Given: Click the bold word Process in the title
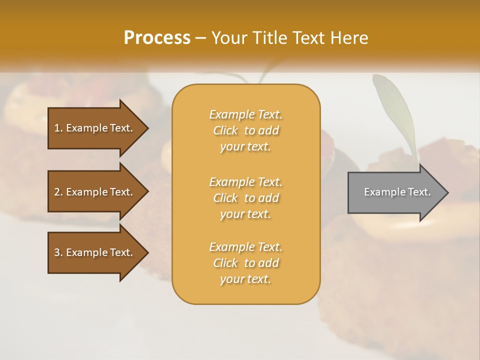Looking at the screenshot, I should click(157, 38).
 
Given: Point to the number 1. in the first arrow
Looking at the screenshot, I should click(58, 128).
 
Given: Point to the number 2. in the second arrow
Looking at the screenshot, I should click(58, 192).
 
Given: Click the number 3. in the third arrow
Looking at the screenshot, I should click(58, 252).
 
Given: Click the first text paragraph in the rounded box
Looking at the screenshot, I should click(245, 130).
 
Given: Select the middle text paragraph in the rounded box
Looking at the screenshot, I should click(245, 198).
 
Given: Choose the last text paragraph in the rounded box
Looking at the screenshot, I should click(245, 263).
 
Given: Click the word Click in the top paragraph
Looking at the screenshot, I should click(225, 130).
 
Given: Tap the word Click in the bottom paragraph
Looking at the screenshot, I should click(225, 263).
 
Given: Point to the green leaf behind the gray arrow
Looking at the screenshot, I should click(395, 107).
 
